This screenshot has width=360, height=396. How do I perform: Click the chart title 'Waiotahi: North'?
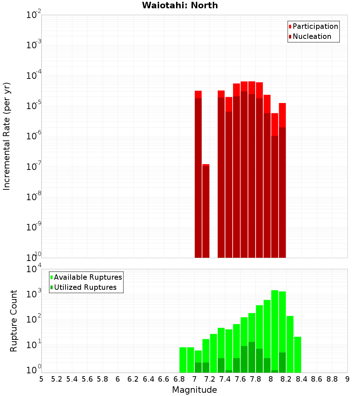tap(180, 5)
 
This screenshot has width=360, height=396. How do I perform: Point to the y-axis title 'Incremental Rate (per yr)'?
tap(7, 136)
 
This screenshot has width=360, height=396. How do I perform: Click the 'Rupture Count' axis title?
tap(14, 320)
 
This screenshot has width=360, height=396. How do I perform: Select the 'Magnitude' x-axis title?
tap(194, 390)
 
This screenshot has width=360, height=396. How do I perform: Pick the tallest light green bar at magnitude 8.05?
tap(275, 331)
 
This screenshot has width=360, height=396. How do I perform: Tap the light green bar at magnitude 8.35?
tap(298, 355)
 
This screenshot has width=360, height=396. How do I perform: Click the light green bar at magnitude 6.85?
tap(183, 360)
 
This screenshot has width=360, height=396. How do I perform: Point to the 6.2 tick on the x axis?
tap(133, 379)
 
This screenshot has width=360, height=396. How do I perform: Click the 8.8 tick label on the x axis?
tap(332, 379)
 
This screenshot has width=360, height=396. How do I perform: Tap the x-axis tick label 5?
tap(41, 379)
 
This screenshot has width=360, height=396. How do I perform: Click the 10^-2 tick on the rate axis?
tap(34, 15)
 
